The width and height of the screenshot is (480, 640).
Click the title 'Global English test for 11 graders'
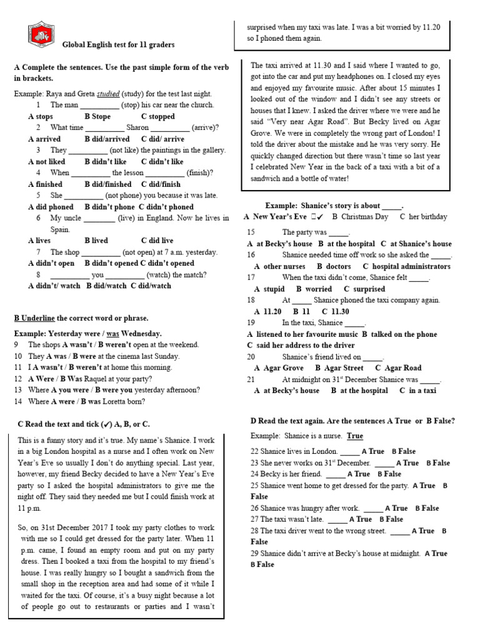pos(118,45)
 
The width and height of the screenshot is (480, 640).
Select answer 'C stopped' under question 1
pos(158,116)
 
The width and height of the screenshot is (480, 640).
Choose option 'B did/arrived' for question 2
pos(107,139)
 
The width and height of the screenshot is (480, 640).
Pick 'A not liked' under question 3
pos(47,161)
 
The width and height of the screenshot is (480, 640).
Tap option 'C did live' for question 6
pos(157,240)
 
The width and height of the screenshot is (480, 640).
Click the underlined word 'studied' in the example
pos(109,94)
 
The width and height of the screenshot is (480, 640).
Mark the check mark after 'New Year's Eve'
pos(318,217)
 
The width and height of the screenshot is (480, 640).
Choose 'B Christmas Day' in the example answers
pos(360,217)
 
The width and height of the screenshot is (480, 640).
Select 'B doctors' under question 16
pos(334,266)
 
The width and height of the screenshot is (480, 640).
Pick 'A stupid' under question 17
pos(269,289)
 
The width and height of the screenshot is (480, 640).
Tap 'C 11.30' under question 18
pos(336,311)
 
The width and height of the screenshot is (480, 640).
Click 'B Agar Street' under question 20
pos(339,368)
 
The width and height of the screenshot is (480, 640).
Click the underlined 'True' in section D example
pos(355,436)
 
